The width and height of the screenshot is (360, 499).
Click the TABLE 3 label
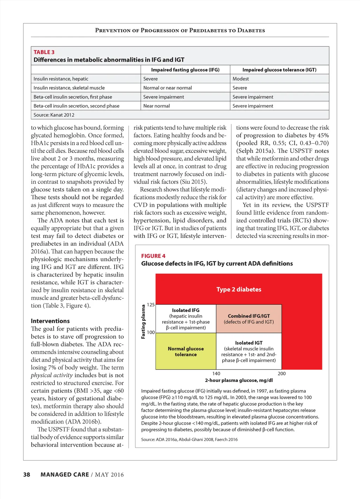coord(44,52)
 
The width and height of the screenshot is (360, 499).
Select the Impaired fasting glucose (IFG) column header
coord(185,70)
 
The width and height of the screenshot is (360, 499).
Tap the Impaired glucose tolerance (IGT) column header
coord(279,70)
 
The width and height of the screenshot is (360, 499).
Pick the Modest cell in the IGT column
coord(240,79)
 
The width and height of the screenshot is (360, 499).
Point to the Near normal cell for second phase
coord(156,106)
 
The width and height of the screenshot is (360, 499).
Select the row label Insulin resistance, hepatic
coord(61,79)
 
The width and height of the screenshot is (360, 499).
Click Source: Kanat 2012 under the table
coord(54,115)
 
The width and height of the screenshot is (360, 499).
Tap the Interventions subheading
coord(50,321)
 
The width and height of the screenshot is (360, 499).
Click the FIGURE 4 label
coord(153,256)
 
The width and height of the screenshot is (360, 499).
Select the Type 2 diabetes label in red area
coord(239,289)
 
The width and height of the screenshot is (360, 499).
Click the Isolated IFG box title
coord(186,310)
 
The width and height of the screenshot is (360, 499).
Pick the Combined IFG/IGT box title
coord(249,316)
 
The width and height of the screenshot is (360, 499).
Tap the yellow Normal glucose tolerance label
coord(186,351)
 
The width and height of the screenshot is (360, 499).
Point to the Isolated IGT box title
coord(249,343)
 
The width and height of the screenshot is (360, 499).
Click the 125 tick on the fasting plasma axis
coord(150,305)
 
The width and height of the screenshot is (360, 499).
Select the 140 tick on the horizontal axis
coord(216,374)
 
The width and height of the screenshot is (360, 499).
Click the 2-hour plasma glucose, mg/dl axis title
coord(239,380)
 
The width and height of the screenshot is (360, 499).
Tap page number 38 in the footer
coord(27,475)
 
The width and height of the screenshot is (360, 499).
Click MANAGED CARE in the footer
coord(65,475)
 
